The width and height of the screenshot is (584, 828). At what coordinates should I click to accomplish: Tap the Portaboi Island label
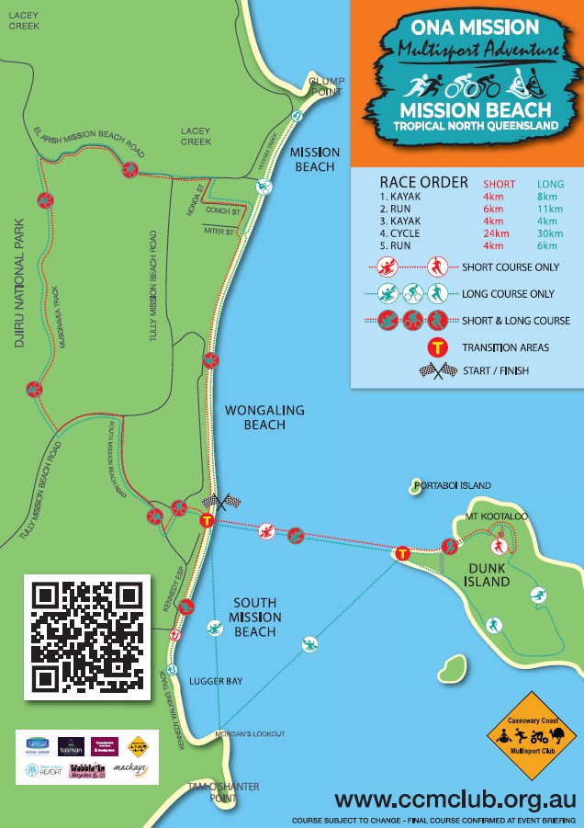pos(453,485)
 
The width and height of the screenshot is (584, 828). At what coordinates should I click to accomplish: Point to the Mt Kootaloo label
pos(497,517)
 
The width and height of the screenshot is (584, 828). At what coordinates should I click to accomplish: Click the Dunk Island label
pos(487,575)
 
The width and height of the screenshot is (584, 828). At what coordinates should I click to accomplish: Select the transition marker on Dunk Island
pos(402,553)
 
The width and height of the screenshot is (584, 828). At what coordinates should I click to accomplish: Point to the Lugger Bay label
pos(216,682)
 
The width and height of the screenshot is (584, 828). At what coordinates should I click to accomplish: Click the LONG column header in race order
pos(550,184)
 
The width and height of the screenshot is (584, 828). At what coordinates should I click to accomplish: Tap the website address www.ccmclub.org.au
pos(455,798)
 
